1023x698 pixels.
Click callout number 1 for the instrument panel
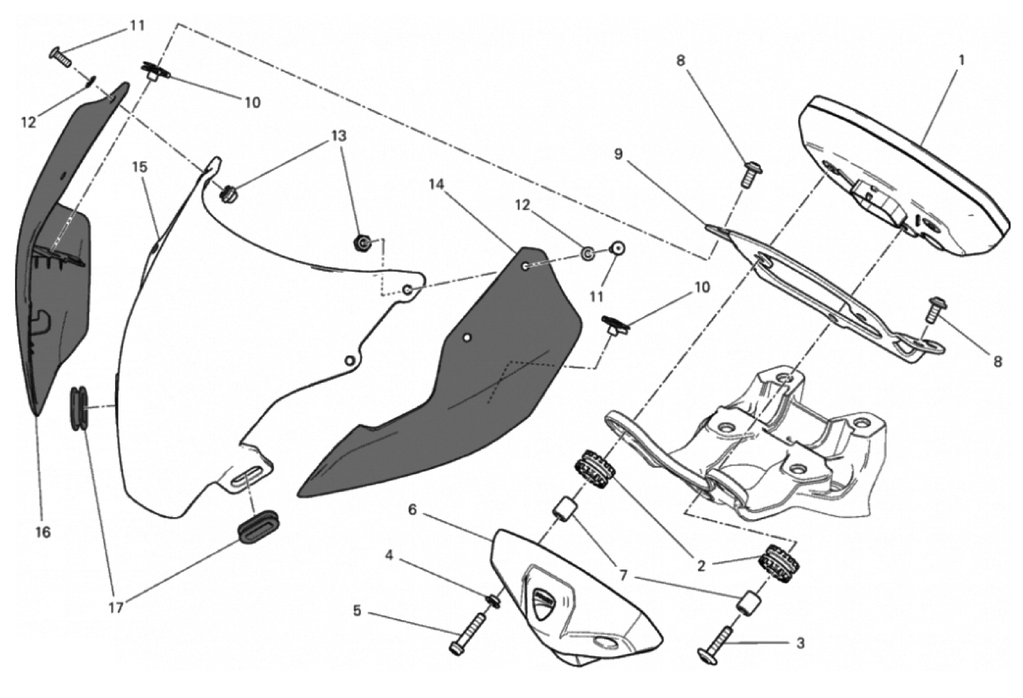pyautogui.click(x=961, y=60)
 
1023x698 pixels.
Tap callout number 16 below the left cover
pyautogui.click(x=43, y=531)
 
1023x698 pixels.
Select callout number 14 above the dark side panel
pyautogui.click(x=436, y=184)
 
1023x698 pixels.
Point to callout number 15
pyautogui.click(x=140, y=167)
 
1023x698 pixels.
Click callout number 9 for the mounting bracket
pyautogui.click(x=618, y=154)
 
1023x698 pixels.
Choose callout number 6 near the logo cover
pyautogui.click(x=412, y=509)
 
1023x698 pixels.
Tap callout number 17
pyautogui.click(x=116, y=607)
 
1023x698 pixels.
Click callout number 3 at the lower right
pyautogui.click(x=800, y=643)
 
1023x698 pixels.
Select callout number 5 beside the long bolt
pyautogui.click(x=357, y=611)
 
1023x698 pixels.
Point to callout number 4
pyautogui.click(x=389, y=555)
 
